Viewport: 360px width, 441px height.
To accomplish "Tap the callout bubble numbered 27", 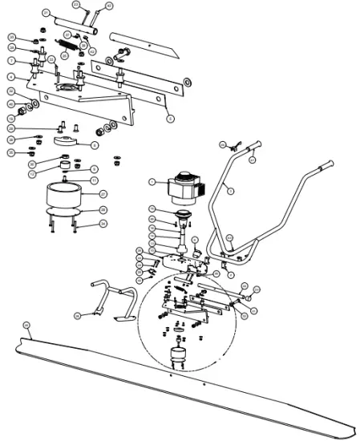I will coord(103,193).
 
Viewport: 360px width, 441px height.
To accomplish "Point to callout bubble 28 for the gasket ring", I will coord(103,209).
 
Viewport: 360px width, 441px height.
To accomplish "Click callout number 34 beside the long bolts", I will coord(103,224).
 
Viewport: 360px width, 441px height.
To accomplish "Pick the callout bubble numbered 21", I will coord(46,14).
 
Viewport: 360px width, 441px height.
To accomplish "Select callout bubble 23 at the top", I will coord(75,5).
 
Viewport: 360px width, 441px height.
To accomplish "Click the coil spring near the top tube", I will coord(67,43).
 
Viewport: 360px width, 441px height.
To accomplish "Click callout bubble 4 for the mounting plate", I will coord(11,76).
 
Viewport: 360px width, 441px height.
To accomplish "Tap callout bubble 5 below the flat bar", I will coord(170,118).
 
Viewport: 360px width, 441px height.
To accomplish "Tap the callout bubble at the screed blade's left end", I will coord(26,325).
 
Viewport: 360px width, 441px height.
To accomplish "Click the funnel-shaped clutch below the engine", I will coord(184,215).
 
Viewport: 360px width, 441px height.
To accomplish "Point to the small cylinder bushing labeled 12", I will coord(62,165).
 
